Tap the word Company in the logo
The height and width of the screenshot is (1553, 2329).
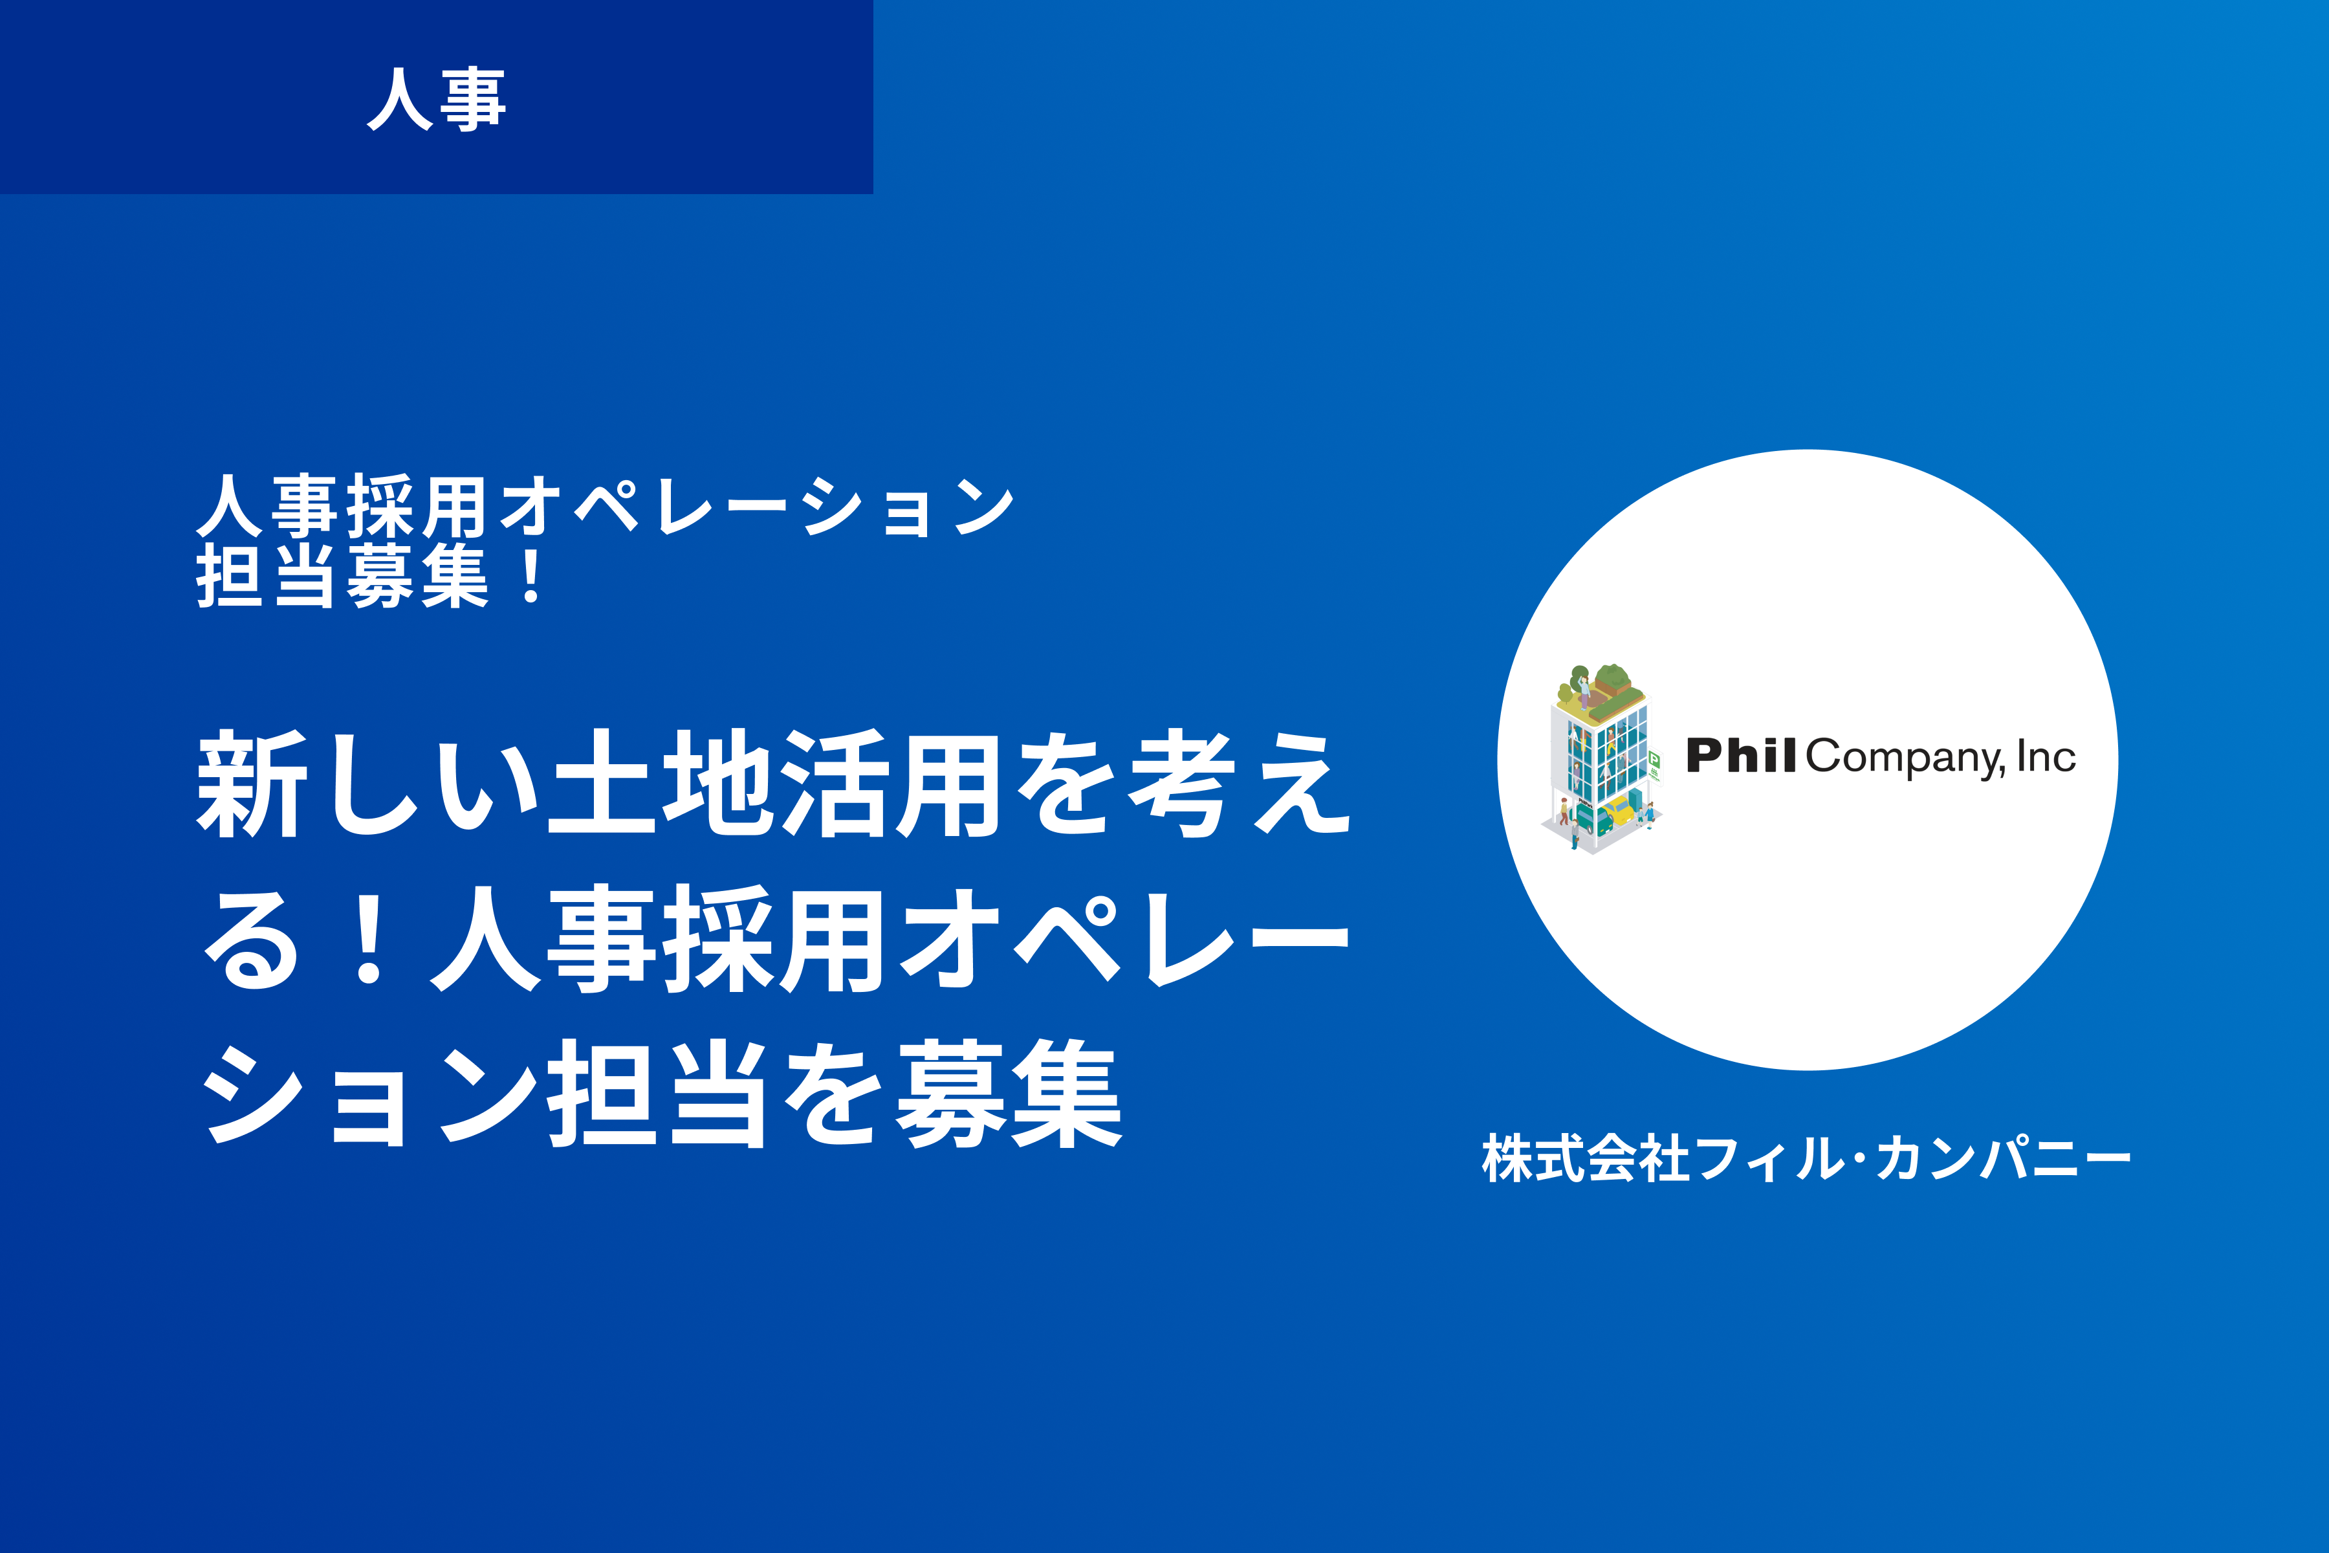pos(1905,758)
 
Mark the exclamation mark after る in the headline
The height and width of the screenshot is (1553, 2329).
pos(370,939)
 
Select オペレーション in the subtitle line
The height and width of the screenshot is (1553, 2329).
pos(756,506)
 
